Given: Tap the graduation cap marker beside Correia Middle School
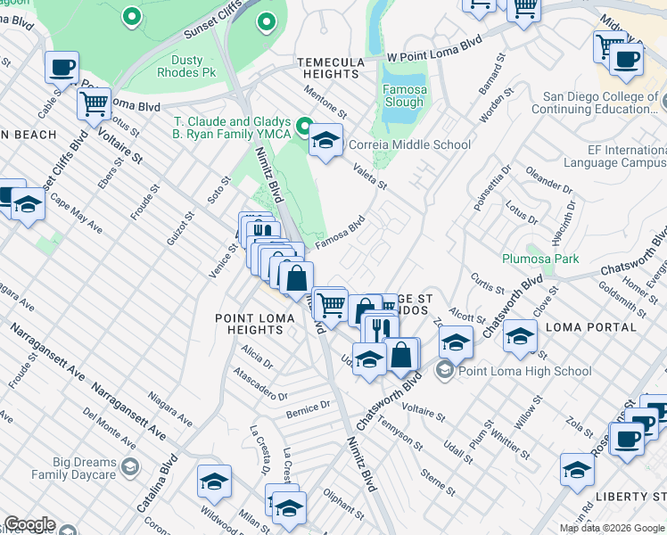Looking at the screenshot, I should point(326,140).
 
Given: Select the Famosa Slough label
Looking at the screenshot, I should point(403,95).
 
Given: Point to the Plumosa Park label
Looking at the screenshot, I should point(539,259).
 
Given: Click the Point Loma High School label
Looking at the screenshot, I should point(524,371).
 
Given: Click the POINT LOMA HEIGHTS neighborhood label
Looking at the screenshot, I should point(249,324).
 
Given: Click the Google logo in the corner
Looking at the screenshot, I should point(29,524).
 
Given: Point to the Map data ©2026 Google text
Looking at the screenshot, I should point(613,528).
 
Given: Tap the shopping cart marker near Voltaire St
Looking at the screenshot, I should point(93,103).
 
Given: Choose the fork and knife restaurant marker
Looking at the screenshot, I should point(381,327).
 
